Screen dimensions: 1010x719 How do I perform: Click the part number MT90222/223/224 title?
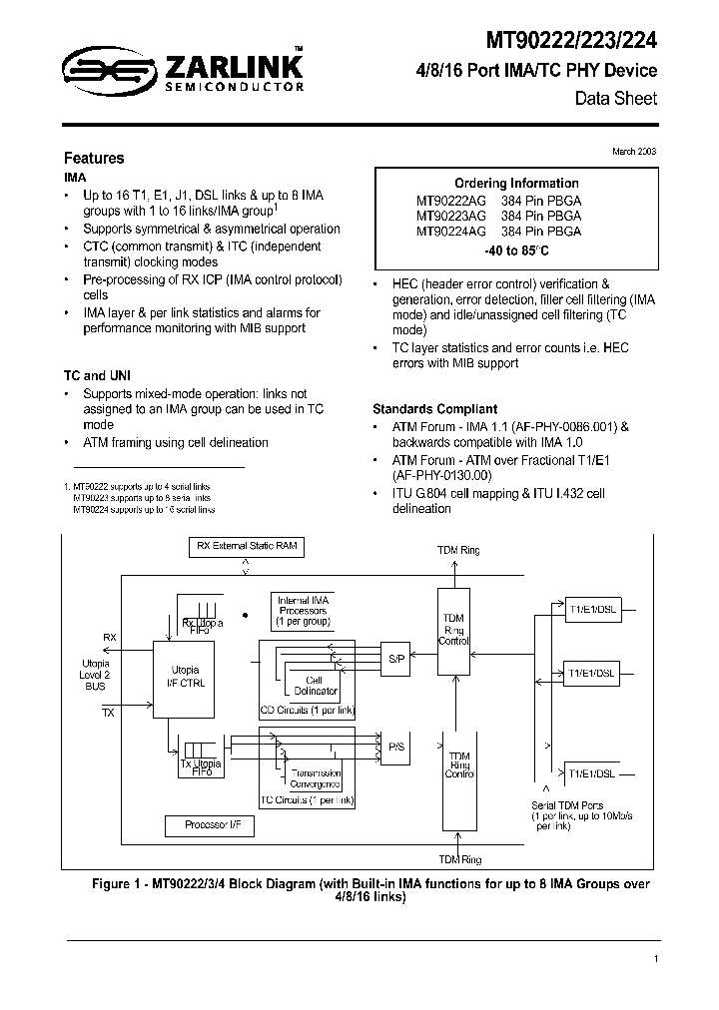coord(571,41)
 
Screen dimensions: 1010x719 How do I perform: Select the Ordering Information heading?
coord(516,183)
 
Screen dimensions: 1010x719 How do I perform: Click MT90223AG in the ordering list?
coord(451,215)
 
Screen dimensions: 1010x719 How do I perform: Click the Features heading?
coord(94,158)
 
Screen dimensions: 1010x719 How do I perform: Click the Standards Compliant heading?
coord(434,409)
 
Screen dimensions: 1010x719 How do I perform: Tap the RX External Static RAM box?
coord(247,546)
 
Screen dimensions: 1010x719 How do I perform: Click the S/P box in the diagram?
coord(396,660)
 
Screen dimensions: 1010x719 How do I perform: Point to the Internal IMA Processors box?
coord(304,609)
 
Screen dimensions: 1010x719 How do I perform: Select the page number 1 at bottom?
coord(655,959)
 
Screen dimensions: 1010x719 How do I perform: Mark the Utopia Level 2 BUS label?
coord(96,675)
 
